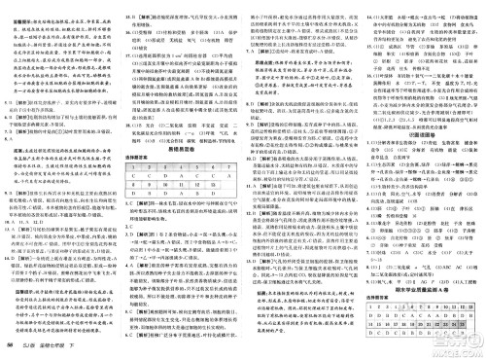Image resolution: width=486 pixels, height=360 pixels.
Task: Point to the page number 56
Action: coord(9,348)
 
